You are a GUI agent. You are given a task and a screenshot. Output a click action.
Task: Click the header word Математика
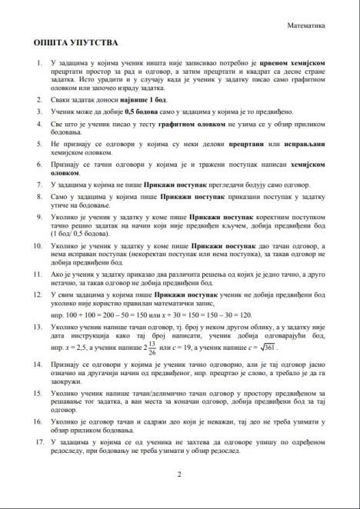click(306, 25)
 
